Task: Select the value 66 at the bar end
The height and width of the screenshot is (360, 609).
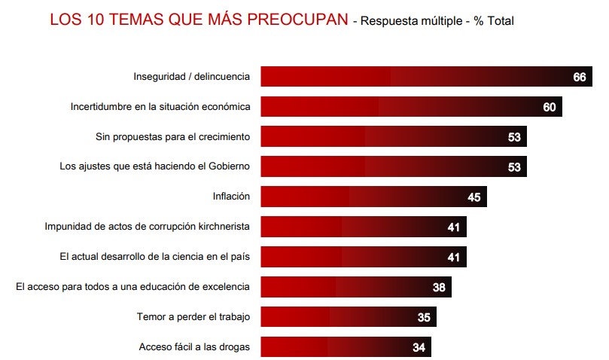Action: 579,77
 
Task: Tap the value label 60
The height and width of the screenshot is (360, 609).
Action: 549,107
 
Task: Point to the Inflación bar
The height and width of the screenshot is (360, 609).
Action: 373,197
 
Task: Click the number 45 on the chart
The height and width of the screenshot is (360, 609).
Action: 473,197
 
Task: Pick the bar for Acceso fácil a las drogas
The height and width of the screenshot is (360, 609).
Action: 346,347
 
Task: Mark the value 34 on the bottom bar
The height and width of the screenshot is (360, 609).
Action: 419,348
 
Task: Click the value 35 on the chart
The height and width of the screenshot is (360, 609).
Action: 424,318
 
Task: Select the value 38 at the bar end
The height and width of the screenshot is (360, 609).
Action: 439,287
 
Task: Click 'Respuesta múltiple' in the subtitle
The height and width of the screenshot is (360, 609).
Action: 412,21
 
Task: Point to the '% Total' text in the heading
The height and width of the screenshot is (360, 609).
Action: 493,21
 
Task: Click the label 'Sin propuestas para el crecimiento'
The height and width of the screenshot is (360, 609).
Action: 172,136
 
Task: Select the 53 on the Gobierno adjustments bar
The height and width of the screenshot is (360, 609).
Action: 514,167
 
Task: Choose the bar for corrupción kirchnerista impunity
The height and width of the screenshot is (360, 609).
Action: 364,227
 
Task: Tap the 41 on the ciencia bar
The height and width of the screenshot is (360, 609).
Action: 454,258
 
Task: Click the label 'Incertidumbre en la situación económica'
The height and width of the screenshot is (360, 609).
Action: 160,106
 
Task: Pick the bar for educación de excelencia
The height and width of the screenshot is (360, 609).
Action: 356,287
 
